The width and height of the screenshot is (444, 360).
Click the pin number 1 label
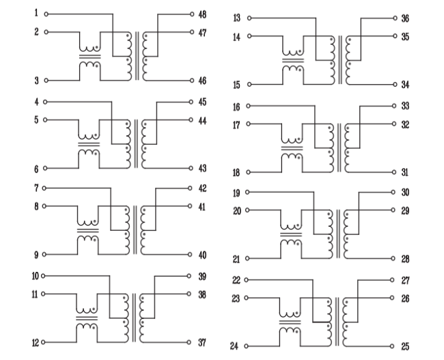(x=36, y=13)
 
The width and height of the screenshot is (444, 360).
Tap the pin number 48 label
(x=202, y=14)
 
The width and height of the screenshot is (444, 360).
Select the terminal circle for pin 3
(x=46, y=81)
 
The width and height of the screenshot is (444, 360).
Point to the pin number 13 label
(x=237, y=17)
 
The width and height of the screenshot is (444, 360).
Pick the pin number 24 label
(x=234, y=346)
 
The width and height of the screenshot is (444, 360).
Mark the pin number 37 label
(x=202, y=342)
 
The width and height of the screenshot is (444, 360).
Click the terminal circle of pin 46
(x=192, y=81)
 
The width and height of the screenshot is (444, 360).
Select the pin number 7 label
(x=36, y=188)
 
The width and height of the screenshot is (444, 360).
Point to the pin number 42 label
(x=202, y=188)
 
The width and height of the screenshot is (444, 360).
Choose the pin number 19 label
(x=237, y=193)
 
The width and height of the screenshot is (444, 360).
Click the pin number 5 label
(x=36, y=120)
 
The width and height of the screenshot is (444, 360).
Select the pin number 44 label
(x=202, y=120)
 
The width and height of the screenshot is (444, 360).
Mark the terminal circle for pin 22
(x=247, y=280)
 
